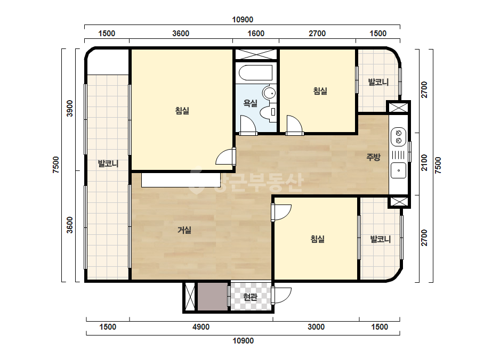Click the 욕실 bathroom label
tap(250, 103)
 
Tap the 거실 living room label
tap(184, 230)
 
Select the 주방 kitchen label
tap(373, 157)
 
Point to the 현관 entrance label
tap(250, 296)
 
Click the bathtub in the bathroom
tap(256, 73)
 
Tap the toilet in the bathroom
tap(268, 112)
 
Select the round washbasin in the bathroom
tap(269, 93)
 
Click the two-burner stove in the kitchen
tap(399, 137)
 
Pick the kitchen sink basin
tap(399, 170)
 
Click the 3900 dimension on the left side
tap(70, 108)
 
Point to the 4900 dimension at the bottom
tap(201, 327)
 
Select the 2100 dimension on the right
tap(424, 162)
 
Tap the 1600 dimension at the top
tap(256, 33)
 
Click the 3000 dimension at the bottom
tap(316, 327)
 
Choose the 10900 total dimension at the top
tap(243, 20)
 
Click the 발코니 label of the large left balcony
tap(108, 163)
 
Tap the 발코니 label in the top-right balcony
tap(378, 82)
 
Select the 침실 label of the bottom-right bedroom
tap(317, 239)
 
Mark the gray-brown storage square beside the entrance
tap(213, 296)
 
